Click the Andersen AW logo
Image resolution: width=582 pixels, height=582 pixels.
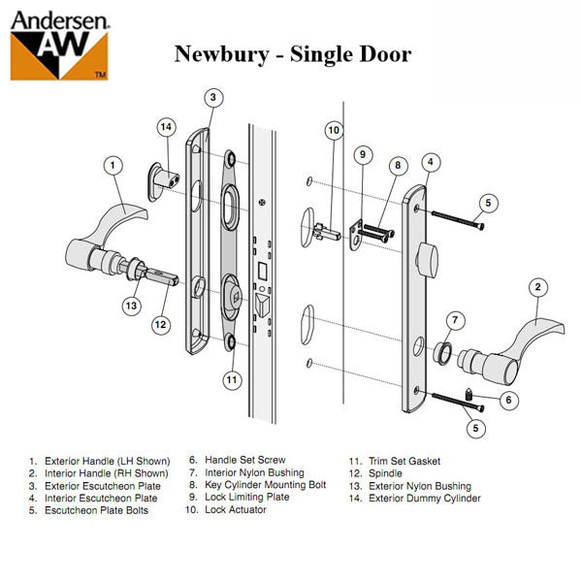58,43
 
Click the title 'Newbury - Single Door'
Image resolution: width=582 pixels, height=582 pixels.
292,53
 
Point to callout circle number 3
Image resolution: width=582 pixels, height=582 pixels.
214,98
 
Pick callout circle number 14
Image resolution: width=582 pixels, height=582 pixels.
166,126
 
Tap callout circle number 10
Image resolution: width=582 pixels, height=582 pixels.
334,131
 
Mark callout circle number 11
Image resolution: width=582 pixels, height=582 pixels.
231,380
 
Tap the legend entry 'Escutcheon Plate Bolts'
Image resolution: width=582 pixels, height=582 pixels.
96,510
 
